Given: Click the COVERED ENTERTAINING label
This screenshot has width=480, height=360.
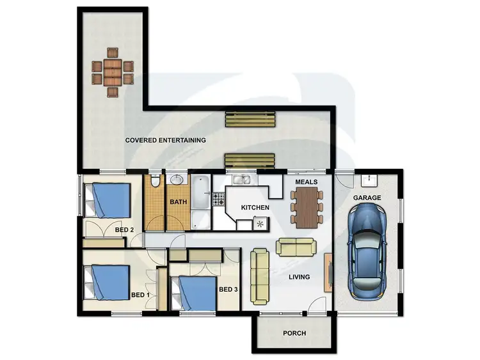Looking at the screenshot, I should click(165, 140).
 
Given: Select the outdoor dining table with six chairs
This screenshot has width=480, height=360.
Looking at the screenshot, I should click(113, 72).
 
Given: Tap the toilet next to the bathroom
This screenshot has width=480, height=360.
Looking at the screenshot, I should click(154, 183).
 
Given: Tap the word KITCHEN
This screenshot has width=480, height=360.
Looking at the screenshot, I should click(255, 208).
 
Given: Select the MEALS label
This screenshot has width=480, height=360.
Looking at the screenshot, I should click(305, 182).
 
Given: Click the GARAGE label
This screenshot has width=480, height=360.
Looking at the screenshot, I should click(367, 198).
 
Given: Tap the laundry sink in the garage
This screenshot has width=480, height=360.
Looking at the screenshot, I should click(368, 180).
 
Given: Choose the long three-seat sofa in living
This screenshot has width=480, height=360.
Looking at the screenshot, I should click(259, 276).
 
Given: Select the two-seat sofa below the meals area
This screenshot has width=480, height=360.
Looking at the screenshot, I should click(295, 247).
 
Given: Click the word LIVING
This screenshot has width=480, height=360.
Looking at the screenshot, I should click(299, 277).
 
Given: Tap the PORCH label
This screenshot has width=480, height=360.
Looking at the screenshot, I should click(294, 333).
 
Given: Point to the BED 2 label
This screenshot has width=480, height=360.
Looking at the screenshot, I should click(124, 230).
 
